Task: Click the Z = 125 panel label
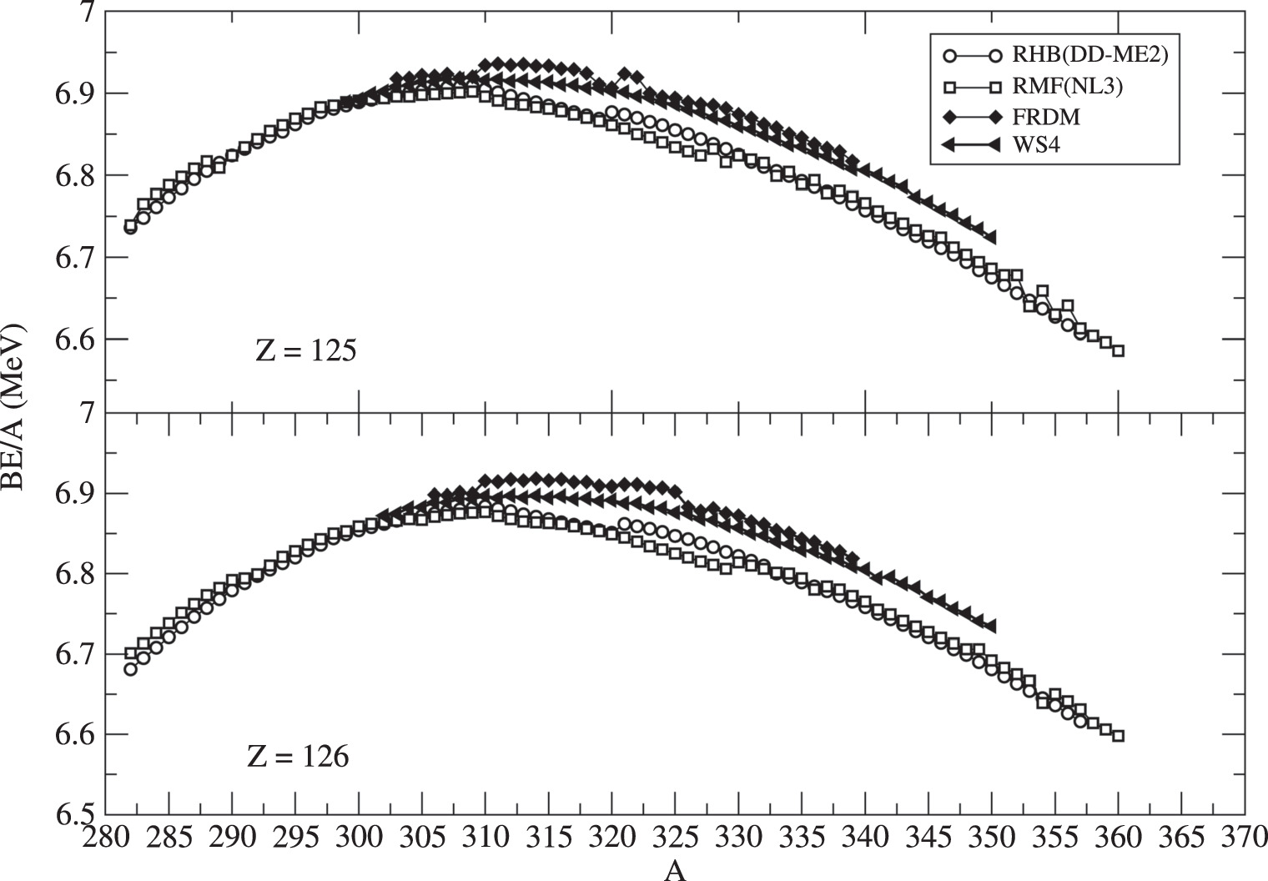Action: click(x=306, y=350)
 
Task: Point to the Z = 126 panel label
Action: click(x=298, y=757)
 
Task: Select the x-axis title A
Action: click(x=675, y=871)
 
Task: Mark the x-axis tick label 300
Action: click(x=359, y=837)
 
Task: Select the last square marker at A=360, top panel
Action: click(x=1118, y=350)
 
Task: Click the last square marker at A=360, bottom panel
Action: click(x=1118, y=736)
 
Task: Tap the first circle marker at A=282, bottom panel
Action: click(x=130, y=669)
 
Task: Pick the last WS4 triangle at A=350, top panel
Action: click(x=990, y=238)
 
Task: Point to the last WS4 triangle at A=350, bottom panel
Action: click(x=990, y=626)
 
